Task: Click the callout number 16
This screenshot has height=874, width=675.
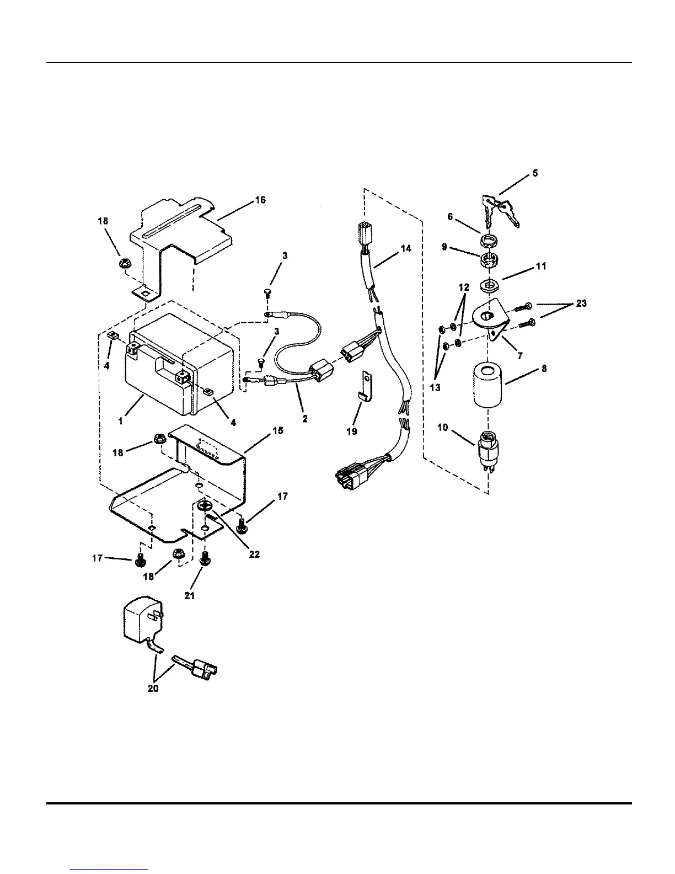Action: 260,200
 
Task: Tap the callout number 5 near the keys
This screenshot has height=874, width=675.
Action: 535,173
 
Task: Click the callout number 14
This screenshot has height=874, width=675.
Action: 405,249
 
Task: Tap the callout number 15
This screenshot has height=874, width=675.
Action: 278,430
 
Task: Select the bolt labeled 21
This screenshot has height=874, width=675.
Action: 205,561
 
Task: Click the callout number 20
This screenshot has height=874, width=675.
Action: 153,689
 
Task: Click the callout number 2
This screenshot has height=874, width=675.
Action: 304,419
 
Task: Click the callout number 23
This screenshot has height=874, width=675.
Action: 581,303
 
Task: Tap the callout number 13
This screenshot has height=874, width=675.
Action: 435,387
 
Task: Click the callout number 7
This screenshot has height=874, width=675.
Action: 519,356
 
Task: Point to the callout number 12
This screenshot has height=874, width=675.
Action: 463,287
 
